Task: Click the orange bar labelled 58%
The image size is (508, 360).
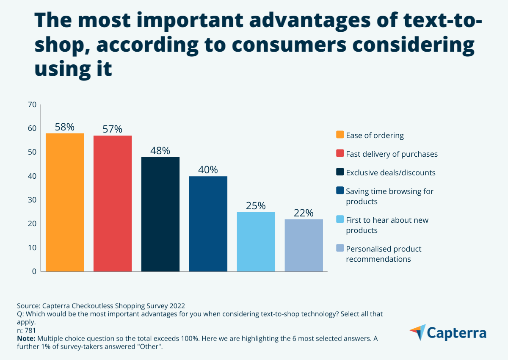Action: point(65,202)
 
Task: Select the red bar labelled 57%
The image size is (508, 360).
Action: point(113,203)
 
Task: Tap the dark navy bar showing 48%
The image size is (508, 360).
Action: point(160,214)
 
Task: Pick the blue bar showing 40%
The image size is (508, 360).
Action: point(208,224)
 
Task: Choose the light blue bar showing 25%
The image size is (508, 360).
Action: point(256,241)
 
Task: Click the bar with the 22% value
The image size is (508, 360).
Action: point(304,245)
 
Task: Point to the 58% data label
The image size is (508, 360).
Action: point(65,127)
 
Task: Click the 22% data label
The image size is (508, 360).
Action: point(304,213)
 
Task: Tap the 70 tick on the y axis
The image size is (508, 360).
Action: point(32,105)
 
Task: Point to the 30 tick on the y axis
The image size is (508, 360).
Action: point(32,200)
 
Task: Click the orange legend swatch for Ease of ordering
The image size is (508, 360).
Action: point(340,135)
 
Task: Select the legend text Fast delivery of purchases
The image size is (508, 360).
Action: point(392,154)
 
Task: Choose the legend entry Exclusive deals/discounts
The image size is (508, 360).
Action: point(390,173)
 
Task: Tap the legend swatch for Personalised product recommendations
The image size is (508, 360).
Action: point(340,248)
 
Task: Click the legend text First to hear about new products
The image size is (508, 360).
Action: point(387,225)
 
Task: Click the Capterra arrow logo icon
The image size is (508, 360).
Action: point(417,332)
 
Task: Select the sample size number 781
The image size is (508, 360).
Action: point(30,330)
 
